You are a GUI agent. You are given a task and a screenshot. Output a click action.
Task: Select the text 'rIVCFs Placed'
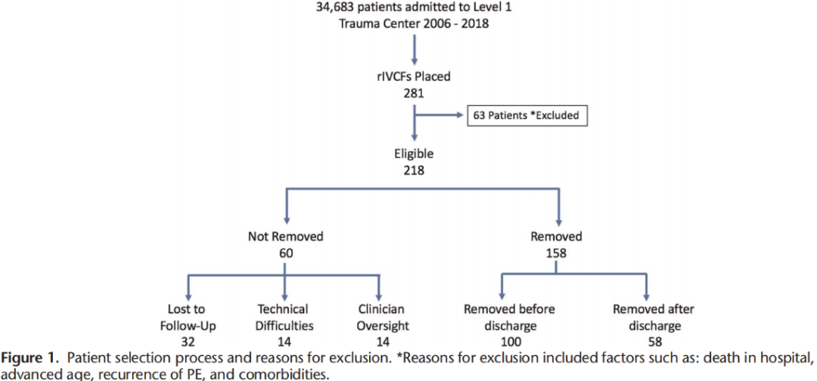tap(415, 77)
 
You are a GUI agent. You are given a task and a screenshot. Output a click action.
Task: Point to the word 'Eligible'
tap(415, 154)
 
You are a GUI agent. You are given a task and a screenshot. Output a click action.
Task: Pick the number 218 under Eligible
tap(415, 169)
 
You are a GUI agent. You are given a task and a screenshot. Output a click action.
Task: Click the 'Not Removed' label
tap(285, 237)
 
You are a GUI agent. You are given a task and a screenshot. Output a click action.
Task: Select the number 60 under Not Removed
tap(285, 253)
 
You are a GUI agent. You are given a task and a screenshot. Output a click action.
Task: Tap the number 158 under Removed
tap(557, 253)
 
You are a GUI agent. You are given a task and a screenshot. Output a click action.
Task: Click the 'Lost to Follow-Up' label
tap(188, 317)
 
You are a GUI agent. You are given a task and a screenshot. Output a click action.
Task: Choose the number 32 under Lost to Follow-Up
tap(188, 342)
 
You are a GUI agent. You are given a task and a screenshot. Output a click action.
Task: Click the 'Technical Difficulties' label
tap(285, 317)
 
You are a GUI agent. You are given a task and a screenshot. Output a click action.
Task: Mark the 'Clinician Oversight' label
tap(381, 317)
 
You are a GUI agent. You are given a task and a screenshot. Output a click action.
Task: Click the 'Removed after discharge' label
tap(654, 317)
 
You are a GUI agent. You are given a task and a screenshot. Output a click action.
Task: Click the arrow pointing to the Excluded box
tap(438, 116)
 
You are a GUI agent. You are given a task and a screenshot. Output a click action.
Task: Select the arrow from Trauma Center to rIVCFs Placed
tap(415, 50)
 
